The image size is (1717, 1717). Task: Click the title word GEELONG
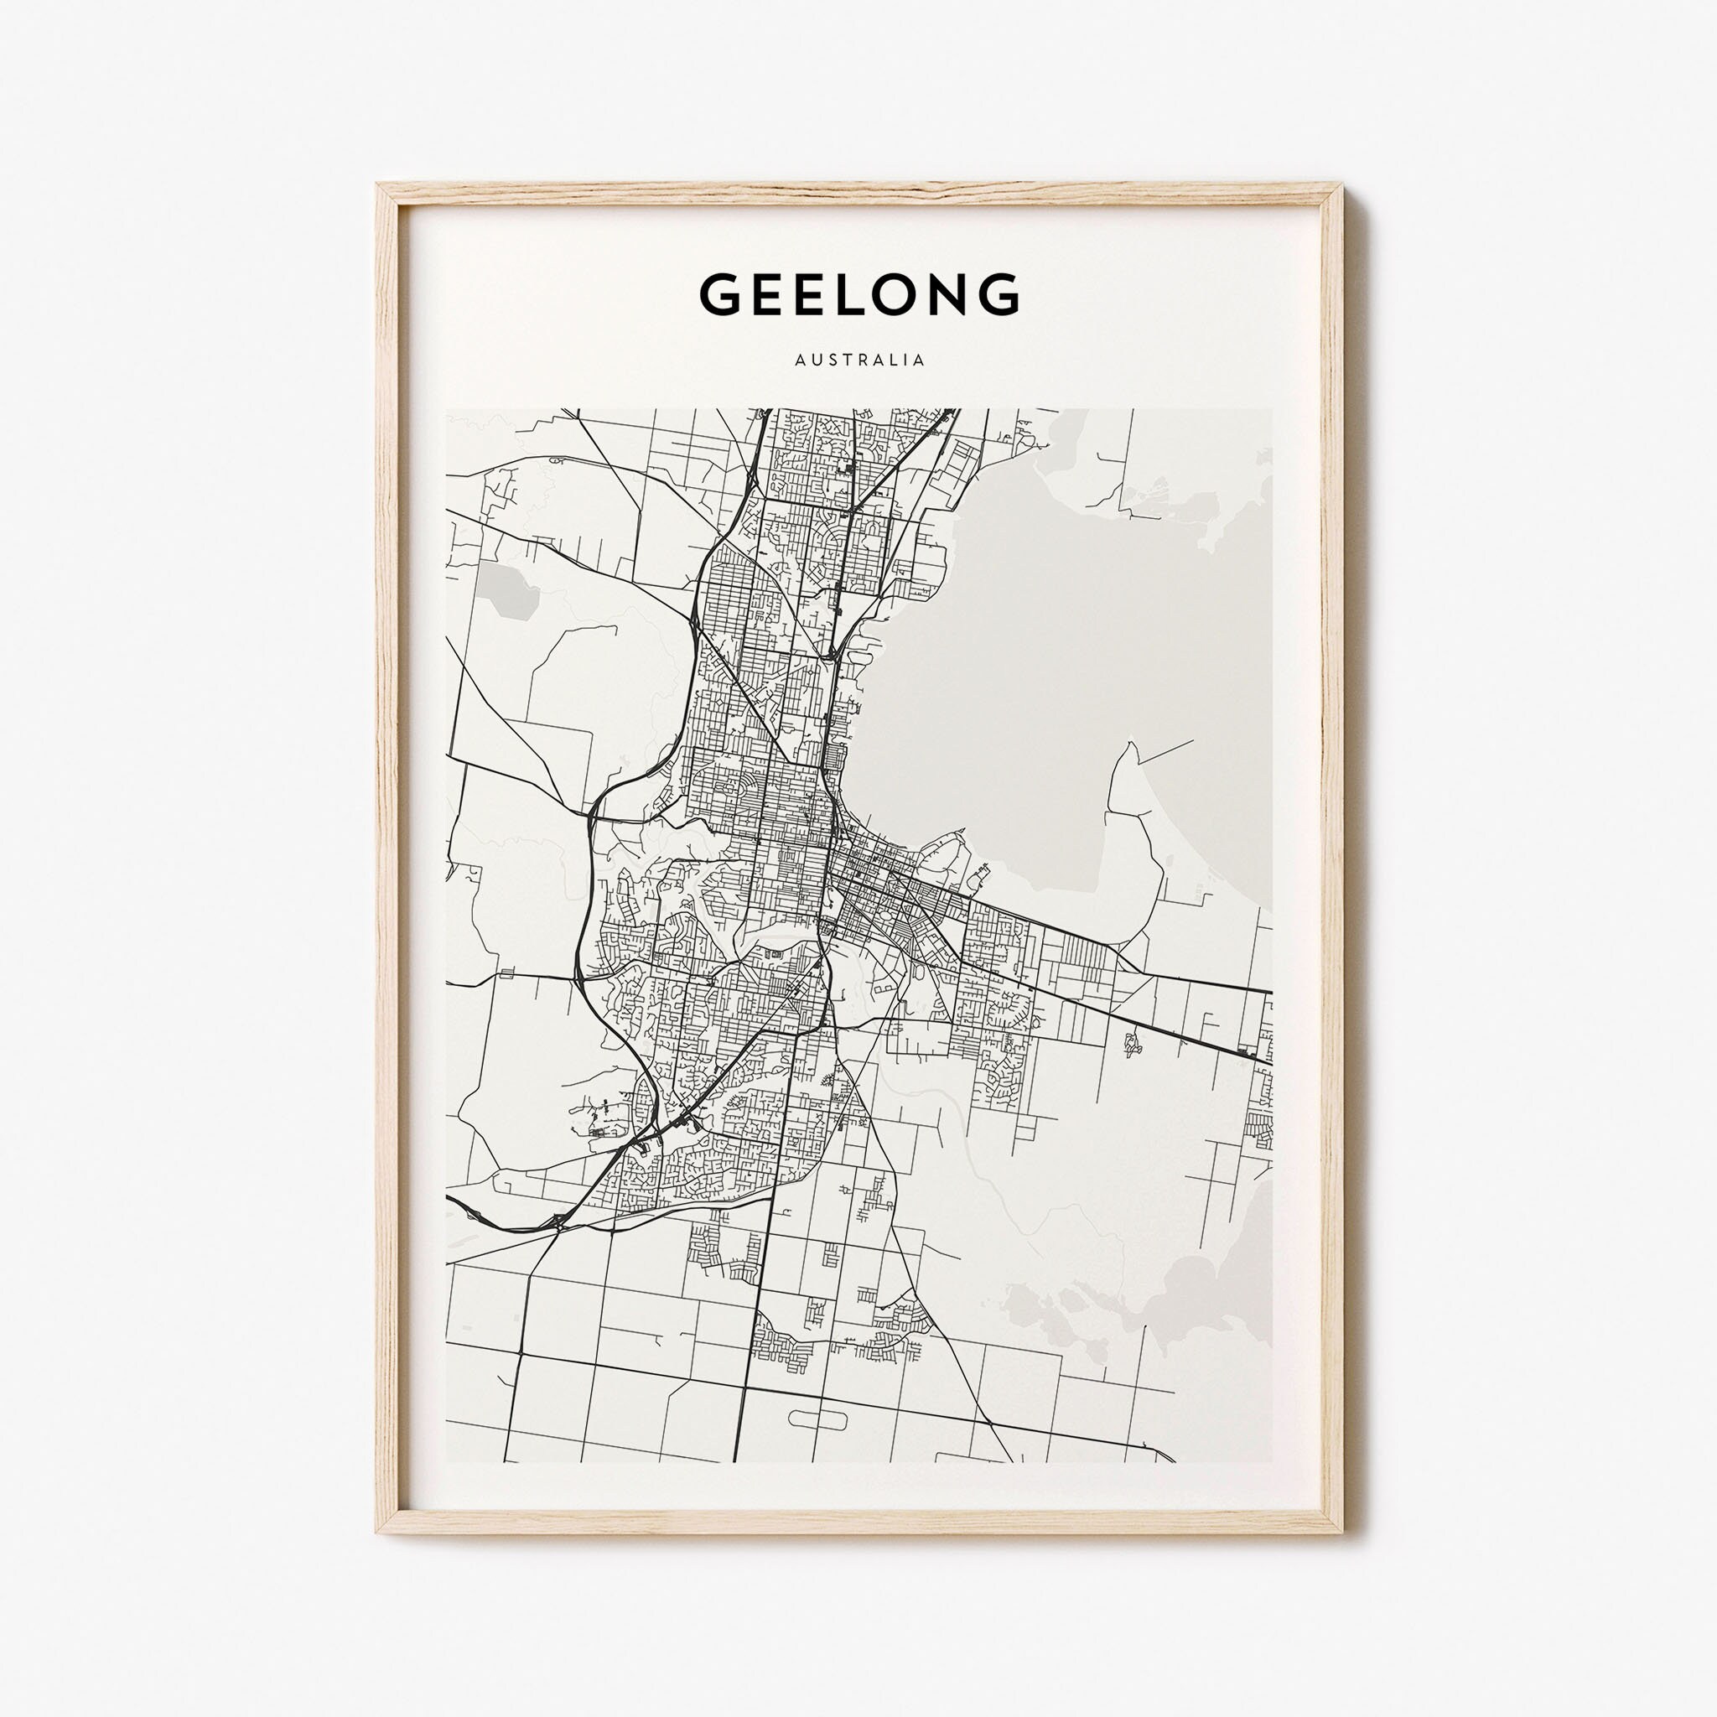point(858,294)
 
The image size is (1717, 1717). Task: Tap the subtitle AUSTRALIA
point(859,361)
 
